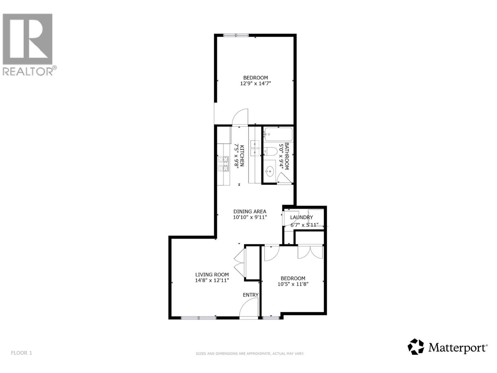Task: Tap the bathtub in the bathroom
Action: click(x=278, y=135)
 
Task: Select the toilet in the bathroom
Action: click(x=271, y=151)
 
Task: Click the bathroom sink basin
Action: click(x=270, y=170)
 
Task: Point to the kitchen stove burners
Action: click(x=223, y=164)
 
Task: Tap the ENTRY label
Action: click(x=250, y=295)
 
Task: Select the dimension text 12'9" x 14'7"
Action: click(x=253, y=83)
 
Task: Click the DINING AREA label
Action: click(x=250, y=211)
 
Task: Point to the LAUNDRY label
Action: click(x=301, y=217)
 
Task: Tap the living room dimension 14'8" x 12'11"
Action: click(x=212, y=280)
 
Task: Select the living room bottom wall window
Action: click(x=198, y=318)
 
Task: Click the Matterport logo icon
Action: click(x=416, y=347)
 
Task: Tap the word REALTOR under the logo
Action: click(x=27, y=71)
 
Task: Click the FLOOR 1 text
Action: click(x=21, y=353)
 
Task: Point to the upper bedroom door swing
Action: click(x=240, y=117)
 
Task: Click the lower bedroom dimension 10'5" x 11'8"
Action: click(x=293, y=284)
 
